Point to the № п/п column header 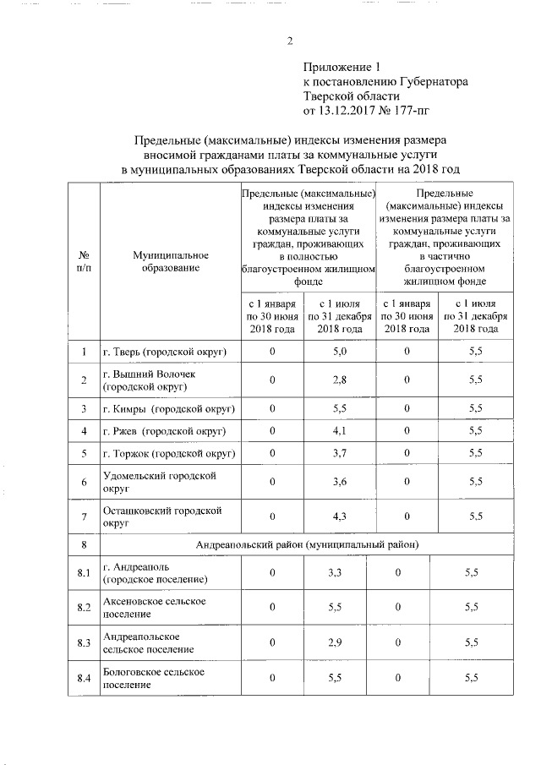84,261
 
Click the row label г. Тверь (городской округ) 168,352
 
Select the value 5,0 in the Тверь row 340,352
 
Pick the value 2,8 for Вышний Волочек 340,380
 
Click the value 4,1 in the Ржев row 340,431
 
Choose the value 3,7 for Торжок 340,454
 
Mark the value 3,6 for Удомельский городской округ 340,483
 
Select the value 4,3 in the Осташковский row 340,516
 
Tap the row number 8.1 84,574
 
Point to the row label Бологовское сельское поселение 154,678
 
